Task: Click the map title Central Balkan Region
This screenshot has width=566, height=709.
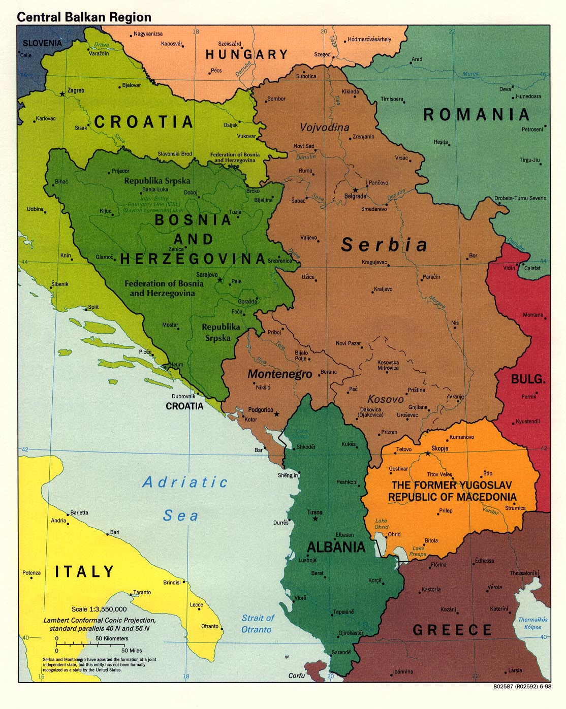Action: (84, 17)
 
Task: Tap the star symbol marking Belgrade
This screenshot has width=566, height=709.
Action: (356, 190)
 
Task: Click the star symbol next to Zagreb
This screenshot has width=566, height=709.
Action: (62, 94)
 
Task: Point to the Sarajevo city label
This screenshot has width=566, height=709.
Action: (207, 274)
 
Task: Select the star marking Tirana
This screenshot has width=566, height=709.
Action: (315, 519)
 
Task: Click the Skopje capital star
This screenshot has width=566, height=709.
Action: (427, 453)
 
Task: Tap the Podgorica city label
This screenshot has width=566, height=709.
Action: (260, 410)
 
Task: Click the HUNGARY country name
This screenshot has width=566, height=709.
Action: (247, 54)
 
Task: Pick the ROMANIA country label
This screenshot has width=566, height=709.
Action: (476, 115)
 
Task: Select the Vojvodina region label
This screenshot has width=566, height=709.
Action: (324, 127)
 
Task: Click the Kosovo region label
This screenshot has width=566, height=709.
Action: (385, 399)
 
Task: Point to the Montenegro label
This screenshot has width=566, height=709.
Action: (279, 374)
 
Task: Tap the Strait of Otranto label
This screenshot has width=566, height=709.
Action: (257, 624)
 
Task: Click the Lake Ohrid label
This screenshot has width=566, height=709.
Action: (381, 524)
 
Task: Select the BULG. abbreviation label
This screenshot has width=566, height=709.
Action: (528, 379)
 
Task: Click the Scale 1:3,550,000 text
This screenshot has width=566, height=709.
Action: (99, 609)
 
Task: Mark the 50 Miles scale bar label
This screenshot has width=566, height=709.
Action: (132, 650)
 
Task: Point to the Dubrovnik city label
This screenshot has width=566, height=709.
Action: (183, 396)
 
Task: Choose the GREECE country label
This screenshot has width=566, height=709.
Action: (452, 630)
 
